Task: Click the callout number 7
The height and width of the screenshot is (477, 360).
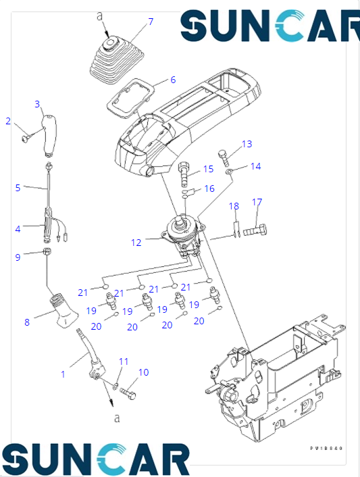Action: tap(150, 22)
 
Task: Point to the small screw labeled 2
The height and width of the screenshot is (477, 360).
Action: tap(26, 137)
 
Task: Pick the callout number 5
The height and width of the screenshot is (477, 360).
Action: tap(18, 187)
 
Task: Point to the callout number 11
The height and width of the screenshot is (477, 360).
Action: tap(124, 362)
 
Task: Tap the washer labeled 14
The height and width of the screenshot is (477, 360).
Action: tap(230, 174)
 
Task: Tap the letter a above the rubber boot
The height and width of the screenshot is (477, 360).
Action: tap(100, 14)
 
